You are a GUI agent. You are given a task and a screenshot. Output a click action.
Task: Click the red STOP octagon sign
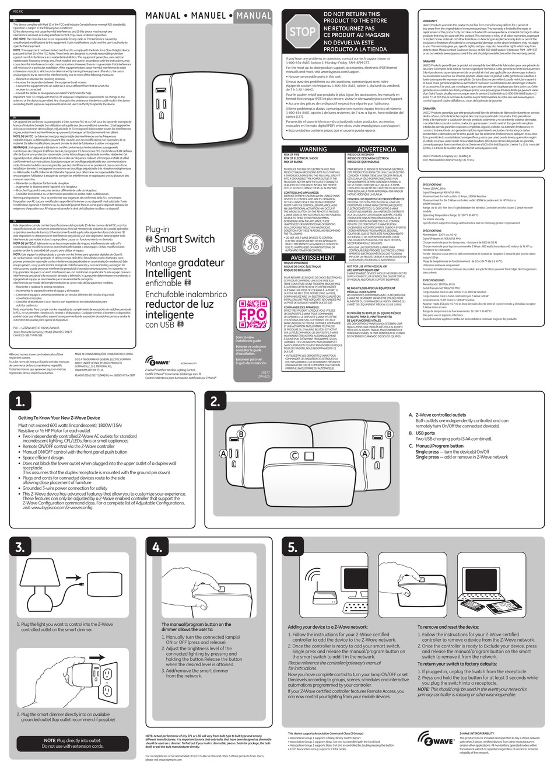302,32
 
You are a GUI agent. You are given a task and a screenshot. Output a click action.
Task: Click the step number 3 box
21,547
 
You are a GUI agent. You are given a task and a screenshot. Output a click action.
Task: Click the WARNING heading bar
313,149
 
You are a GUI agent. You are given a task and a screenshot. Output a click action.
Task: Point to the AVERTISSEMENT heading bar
313,257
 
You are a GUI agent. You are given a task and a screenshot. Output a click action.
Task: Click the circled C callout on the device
294,455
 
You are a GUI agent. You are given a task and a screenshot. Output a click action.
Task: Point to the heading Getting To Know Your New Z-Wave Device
59,418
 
